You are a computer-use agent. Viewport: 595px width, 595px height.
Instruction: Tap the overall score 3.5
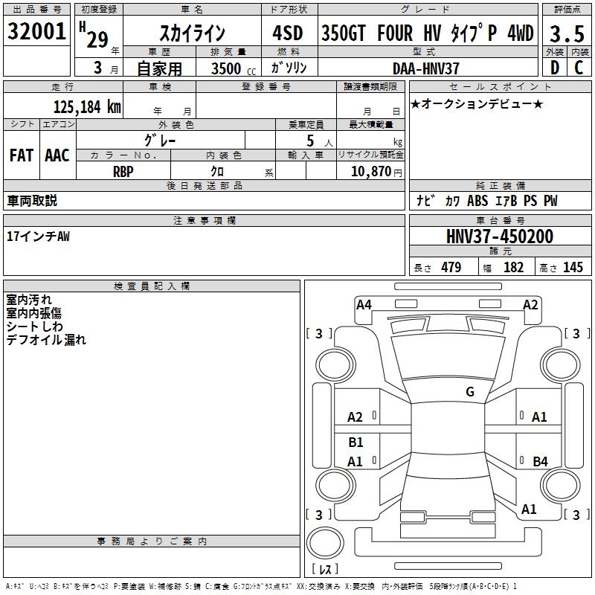click(x=566, y=33)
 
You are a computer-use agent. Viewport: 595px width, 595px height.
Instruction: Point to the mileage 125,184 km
click(x=86, y=106)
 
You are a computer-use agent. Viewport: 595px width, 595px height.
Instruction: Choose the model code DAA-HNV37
click(x=426, y=68)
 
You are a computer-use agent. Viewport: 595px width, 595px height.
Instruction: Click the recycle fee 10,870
click(x=371, y=171)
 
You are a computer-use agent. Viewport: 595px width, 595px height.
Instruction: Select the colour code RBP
click(x=123, y=171)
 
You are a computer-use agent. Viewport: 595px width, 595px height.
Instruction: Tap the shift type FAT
click(x=21, y=155)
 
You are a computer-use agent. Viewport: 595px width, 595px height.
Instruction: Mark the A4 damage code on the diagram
click(x=364, y=304)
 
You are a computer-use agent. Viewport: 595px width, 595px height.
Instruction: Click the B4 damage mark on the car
click(x=540, y=462)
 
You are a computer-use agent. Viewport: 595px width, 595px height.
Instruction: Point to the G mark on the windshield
click(x=470, y=392)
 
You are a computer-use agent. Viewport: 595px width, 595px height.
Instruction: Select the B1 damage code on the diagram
click(x=356, y=442)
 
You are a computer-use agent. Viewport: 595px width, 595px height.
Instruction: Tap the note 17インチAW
click(x=38, y=236)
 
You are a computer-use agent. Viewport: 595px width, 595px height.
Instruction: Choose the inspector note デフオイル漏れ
click(x=46, y=340)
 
